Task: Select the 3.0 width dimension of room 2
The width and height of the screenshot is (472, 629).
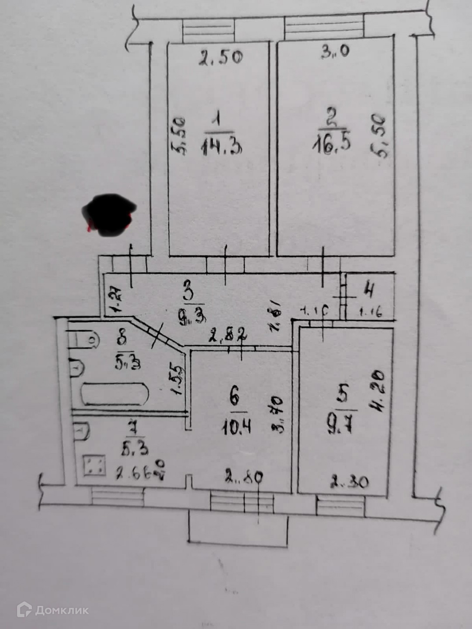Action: point(335,52)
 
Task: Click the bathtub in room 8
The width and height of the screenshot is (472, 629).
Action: point(115,394)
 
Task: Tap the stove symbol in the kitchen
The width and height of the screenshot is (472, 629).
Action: point(94,465)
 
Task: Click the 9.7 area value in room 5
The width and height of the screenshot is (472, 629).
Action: point(342,423)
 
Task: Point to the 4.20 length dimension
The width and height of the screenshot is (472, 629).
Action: point(376,391)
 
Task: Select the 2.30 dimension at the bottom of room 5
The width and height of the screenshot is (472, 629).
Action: point(349,482)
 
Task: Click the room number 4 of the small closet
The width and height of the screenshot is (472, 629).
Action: point(370,290)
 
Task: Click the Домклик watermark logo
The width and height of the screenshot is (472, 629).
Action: point(52,610)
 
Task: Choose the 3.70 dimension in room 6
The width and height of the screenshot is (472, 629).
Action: point(278,414)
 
